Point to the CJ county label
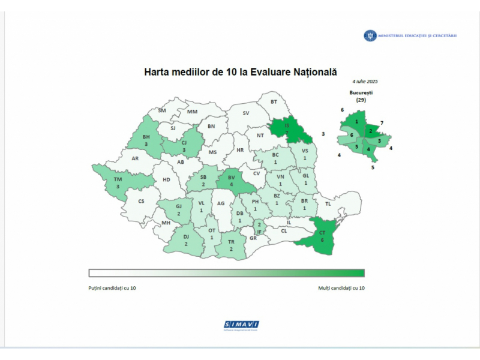184,143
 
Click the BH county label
146,137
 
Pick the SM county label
161,110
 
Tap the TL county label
328,204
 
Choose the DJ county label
186,237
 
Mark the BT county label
274,102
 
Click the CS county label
142,202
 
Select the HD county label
166,179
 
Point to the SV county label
245,113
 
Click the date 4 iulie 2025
365,81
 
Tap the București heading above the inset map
361,92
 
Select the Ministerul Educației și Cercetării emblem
370,35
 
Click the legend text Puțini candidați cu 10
112,288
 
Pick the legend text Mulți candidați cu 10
341,288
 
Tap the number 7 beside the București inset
382,123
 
